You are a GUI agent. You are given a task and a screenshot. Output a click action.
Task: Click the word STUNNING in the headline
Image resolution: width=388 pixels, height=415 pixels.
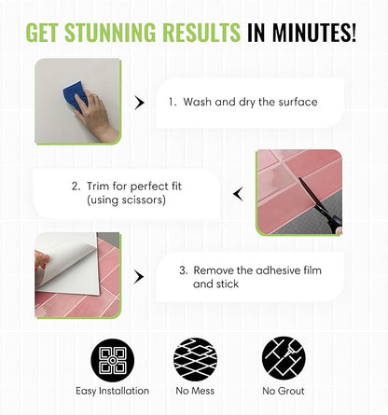point(110,32)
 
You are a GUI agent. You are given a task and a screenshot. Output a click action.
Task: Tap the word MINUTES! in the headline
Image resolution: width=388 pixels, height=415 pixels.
point(314,32)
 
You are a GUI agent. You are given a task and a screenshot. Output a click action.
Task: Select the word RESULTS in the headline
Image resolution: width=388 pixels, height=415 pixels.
point(201,32)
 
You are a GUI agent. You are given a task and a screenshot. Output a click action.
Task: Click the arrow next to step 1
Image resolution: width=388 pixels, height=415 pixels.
point(139,103)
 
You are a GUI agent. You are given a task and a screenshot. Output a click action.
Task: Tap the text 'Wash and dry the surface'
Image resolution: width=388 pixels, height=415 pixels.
point(250,102)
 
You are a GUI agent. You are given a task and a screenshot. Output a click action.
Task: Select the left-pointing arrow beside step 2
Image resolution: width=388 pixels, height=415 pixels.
point(238,194)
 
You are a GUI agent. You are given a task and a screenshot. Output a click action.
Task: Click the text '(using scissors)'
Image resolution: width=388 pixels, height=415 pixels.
point(126,200)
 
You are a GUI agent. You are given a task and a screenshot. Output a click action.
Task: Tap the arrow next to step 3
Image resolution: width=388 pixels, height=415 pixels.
point(139,277)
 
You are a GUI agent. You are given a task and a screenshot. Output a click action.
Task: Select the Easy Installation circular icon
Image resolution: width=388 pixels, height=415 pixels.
point(113,360)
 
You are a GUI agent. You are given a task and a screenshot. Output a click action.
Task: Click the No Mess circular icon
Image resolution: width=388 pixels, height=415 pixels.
point(195,360)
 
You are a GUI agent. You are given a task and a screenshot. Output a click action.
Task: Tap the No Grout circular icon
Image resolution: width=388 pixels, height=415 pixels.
point(284,359)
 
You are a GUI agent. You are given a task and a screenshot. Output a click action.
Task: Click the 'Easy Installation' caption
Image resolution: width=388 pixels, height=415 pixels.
point(113,391)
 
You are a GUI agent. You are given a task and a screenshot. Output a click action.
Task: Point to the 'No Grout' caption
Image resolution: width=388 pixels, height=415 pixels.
point(284,391)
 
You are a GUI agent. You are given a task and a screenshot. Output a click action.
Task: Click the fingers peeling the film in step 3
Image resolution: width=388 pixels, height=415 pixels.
point(42,261)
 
